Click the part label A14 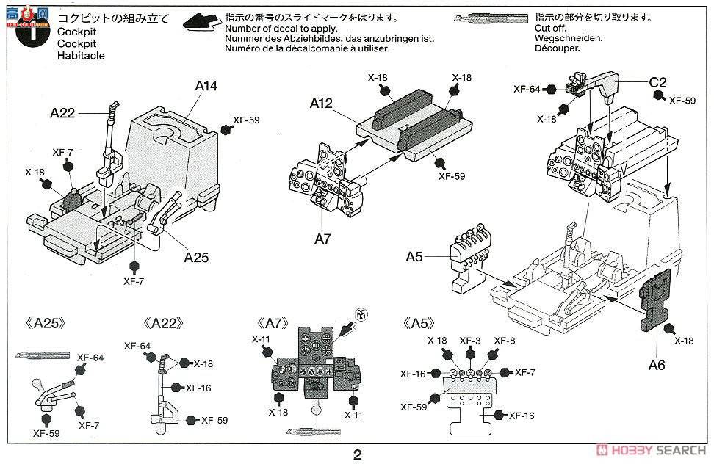coord(206,86)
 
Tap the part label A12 coord(321,105)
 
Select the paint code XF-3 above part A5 coord(470,340)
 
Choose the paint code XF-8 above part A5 coord(505,340)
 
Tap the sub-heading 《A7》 coord(273,323)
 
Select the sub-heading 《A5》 coord(419,323)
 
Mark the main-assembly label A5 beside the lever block coord(414,257)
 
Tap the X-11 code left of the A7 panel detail coord(262,339)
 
